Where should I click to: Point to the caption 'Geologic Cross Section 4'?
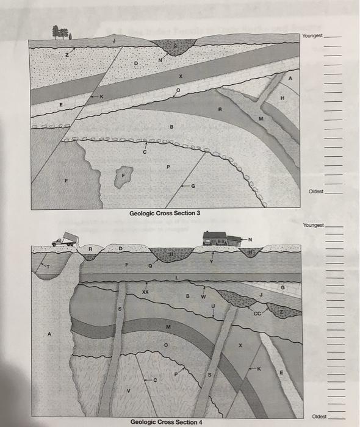tap(167, 422)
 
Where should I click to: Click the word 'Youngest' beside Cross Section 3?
tap(313, 36)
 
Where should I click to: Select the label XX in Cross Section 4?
tap(145, 293)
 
